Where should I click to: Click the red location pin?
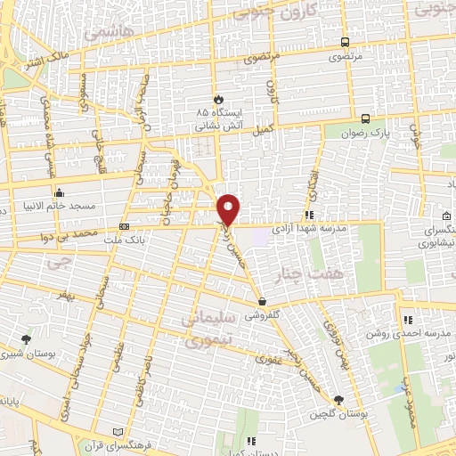(229, 209)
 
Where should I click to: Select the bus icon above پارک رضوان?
(366, 118)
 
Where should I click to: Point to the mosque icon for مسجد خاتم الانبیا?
(60, 192)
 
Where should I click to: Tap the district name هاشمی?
(108, 31)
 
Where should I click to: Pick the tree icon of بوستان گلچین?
(338, 401)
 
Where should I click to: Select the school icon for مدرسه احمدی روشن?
(408, 320)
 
